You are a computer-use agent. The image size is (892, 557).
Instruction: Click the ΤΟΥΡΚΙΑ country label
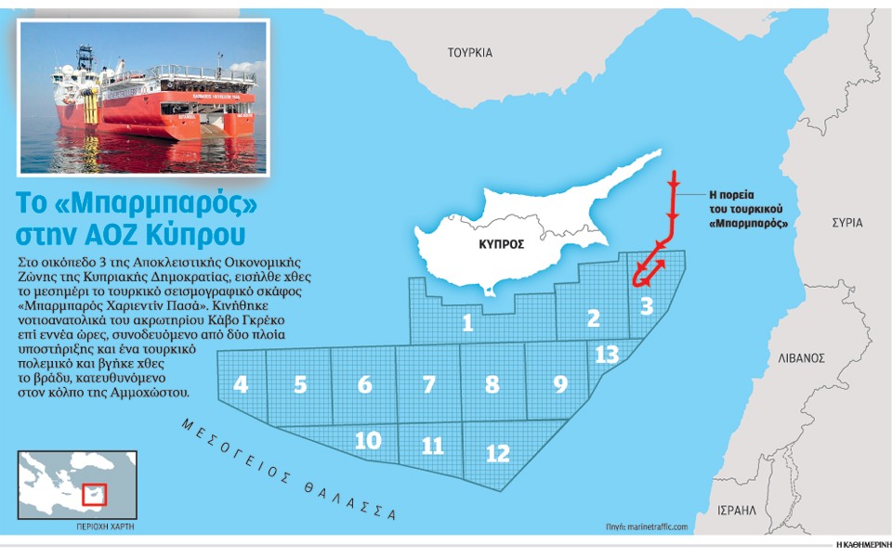click(x=469, y=53)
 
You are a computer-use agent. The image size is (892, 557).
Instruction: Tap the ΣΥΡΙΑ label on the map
click(x=846, y=223)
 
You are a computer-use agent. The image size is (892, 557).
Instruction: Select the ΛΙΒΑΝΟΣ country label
click(x=803, y=356)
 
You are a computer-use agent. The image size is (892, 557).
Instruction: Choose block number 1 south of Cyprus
click(x=468, y=322)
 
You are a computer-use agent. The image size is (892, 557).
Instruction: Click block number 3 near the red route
click(x=647, y=304)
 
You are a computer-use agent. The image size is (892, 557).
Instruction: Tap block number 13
click(x=606, y=354)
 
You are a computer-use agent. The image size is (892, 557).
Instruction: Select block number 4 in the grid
click(x=241, y=384)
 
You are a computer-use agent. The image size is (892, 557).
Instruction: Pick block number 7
click(x=428, y=384)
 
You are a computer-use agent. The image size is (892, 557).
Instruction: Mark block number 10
click(x=368, y=439)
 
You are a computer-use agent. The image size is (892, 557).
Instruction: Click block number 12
click(x=498, y=452)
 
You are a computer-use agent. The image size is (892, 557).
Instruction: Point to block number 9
click(x=559, y=382)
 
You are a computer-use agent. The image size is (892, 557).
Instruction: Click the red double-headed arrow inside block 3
click(x=649, y=271)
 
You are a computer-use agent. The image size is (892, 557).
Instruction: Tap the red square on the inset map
click(x=95, y=494)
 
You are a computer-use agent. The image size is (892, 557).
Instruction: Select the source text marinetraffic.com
click(x=655, y=527)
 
